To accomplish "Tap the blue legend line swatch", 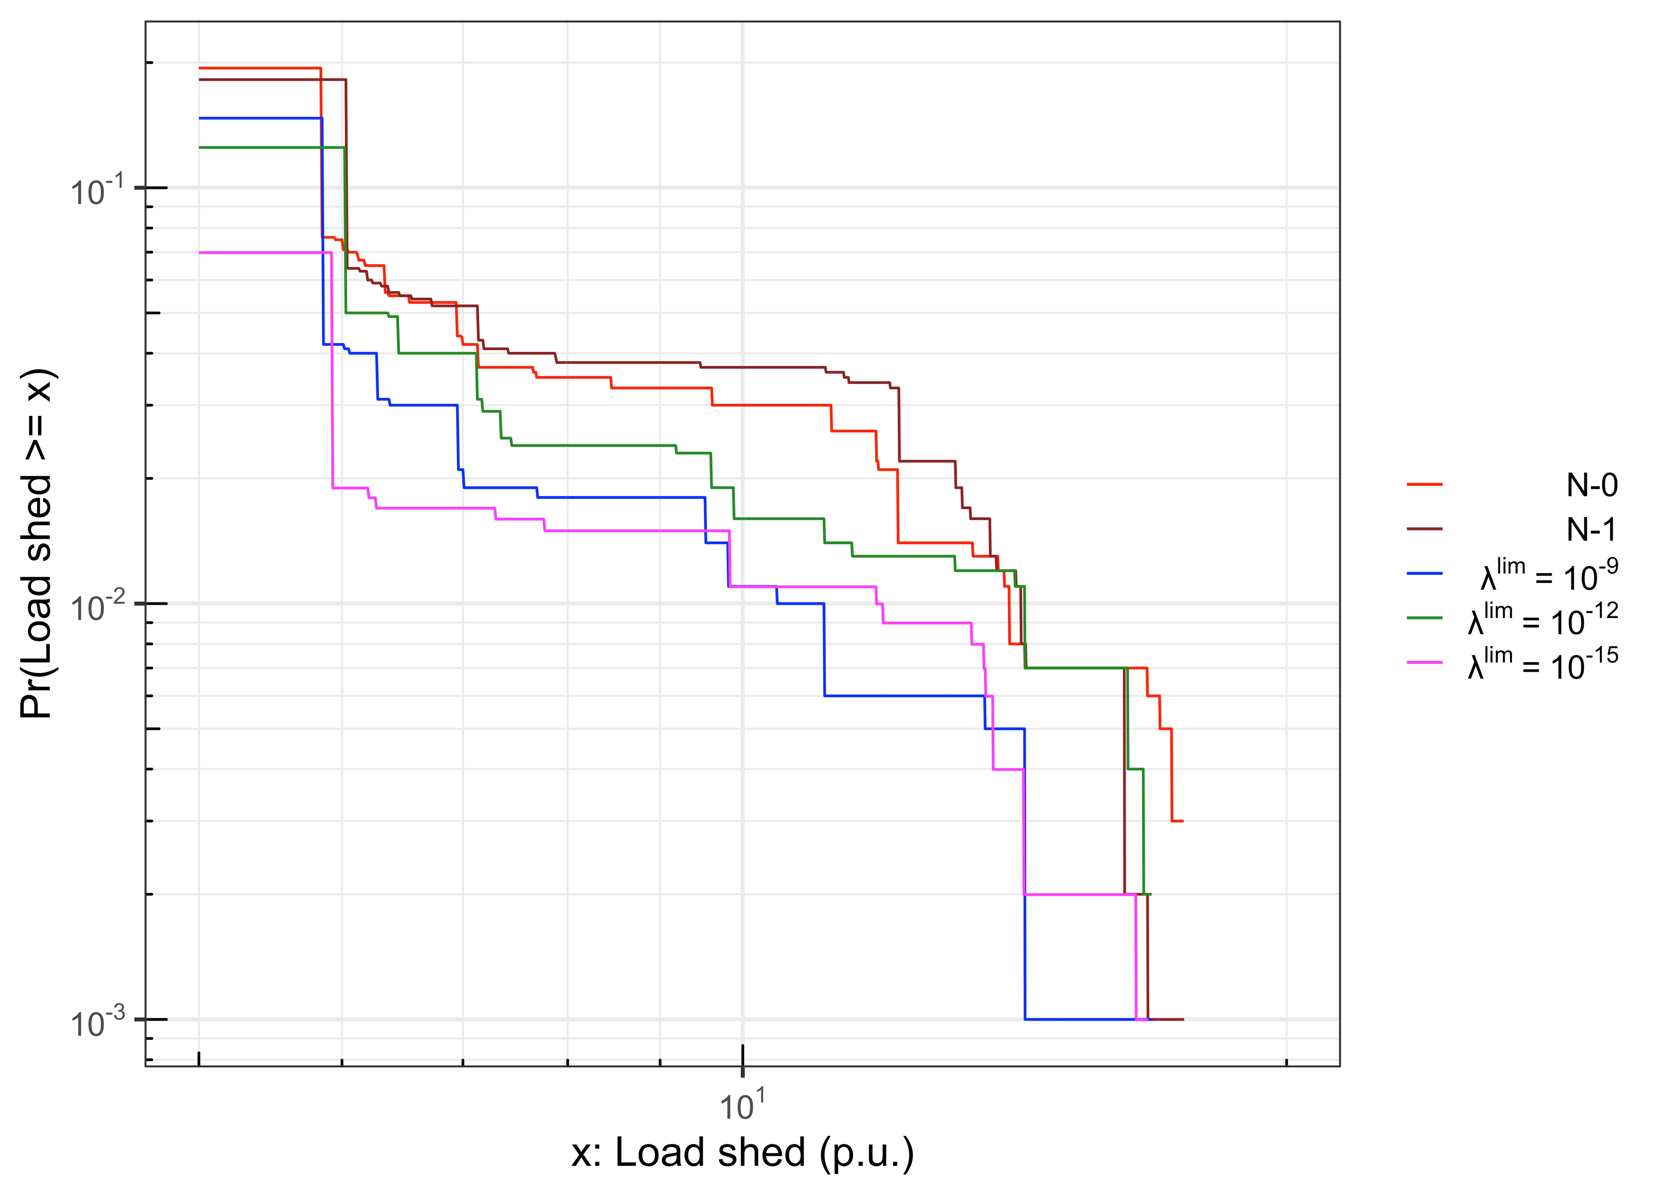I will point(1424,573).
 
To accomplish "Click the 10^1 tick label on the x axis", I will point(742,1106).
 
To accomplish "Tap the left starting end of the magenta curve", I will point(200,253).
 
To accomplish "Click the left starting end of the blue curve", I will point(200,118).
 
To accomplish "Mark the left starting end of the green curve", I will point(200,148).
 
